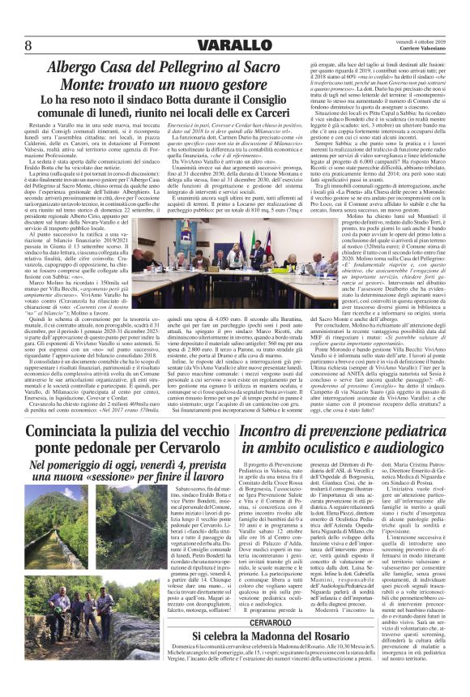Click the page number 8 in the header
[28, 43]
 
